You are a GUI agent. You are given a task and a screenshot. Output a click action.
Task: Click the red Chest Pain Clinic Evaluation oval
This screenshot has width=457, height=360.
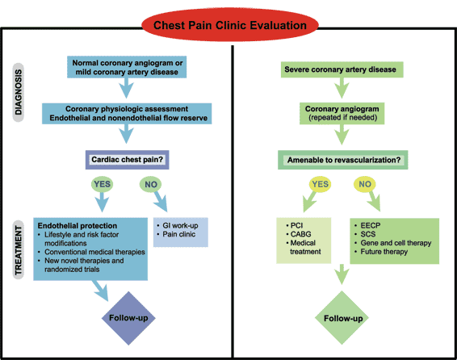(230, 25)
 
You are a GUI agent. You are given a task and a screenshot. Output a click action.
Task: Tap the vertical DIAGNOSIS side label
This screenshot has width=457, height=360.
(19, 92)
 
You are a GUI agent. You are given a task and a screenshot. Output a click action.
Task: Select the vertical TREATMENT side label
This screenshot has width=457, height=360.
(19, 250)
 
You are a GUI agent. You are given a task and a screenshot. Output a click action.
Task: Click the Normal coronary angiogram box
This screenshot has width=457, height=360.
(127, 67)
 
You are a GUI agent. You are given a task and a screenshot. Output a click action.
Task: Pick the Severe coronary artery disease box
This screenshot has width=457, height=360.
(342, 69)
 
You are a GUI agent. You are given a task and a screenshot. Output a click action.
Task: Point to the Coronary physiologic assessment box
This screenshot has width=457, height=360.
(127, 113)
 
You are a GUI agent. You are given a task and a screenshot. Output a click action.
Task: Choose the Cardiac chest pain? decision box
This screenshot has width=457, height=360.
(127, 160)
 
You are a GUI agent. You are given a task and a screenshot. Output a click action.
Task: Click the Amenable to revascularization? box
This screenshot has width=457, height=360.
(342, 160)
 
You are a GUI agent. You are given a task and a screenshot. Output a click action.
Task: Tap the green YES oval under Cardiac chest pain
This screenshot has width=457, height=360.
(102, 184)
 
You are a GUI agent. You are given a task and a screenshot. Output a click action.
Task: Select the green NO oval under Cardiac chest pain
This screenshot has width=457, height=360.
(151, 184)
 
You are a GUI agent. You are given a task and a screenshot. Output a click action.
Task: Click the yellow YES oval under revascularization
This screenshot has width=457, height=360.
(320, 184)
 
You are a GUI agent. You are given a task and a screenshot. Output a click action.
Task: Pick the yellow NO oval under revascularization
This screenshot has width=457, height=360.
(365, 184)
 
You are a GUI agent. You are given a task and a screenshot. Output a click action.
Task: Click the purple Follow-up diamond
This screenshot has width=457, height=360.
(128, 318)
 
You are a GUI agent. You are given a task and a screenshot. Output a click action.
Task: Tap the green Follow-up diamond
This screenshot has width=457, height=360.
(342, 318)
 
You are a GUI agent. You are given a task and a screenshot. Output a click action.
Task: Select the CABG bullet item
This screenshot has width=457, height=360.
(299, 234)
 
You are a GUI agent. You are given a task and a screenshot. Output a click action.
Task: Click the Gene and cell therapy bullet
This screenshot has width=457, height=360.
(393, 243)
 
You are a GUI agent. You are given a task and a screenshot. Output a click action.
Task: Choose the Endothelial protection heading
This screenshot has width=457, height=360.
(78, 226)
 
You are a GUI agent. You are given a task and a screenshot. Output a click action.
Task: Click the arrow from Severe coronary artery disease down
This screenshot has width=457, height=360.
(342, 88)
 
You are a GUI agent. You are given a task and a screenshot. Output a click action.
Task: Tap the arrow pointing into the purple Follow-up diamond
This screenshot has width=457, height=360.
(101, 290)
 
